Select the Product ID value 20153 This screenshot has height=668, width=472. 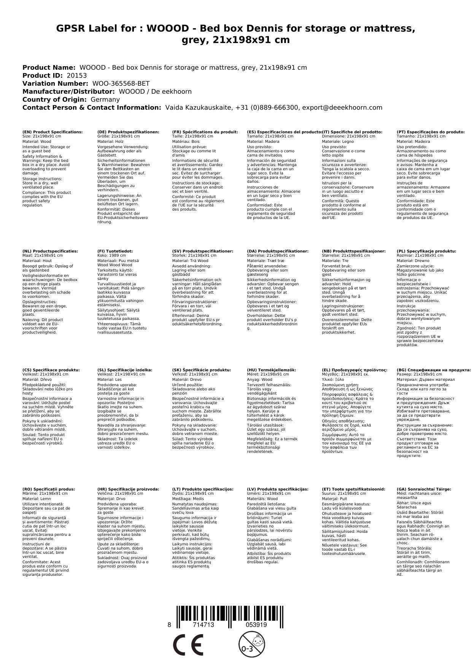tap(77, 75)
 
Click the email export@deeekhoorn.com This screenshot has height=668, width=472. tap(342, 107)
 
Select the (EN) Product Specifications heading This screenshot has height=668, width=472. tap(52, 132)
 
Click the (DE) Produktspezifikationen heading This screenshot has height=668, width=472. tap(128, 132)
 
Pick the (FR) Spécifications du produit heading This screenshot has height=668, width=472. tap(205, 132)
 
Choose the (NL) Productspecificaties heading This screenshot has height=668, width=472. tap(50, 251)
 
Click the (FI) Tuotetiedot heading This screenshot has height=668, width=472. tap(115, 251)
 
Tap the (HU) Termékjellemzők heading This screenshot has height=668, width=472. tap(271, 370)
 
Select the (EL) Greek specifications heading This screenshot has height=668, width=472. tap(354, 370)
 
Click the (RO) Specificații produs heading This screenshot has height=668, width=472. tap(49, 489)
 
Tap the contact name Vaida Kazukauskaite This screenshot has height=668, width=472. tap(198, 107)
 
